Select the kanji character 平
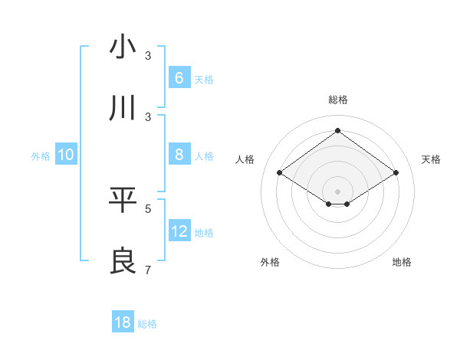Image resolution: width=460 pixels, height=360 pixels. pos(123,200)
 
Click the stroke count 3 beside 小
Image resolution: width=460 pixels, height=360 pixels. pos(148,56)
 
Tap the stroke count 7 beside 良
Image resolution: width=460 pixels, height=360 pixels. pos(148,270)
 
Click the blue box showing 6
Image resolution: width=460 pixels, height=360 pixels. pos(179,78)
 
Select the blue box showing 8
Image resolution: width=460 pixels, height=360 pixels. pos(179,155)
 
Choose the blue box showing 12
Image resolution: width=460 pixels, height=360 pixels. pos(179,231)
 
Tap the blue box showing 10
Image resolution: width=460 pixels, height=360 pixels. pos(66,155)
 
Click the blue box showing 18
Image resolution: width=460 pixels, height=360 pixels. pos(123,322)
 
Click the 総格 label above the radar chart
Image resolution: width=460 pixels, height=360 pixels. pos(337,100)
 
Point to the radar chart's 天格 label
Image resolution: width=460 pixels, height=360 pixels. pos(432,159)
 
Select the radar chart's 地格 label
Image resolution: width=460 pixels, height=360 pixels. pos(402,262)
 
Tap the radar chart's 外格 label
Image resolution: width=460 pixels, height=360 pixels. pos(270,262)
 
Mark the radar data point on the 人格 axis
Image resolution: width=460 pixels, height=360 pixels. pos(279,172)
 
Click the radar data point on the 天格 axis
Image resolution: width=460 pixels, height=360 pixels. pos(396,172)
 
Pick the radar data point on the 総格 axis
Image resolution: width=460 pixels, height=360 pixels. pos(337,130)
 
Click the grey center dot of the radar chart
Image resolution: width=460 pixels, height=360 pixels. pos(337,191)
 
